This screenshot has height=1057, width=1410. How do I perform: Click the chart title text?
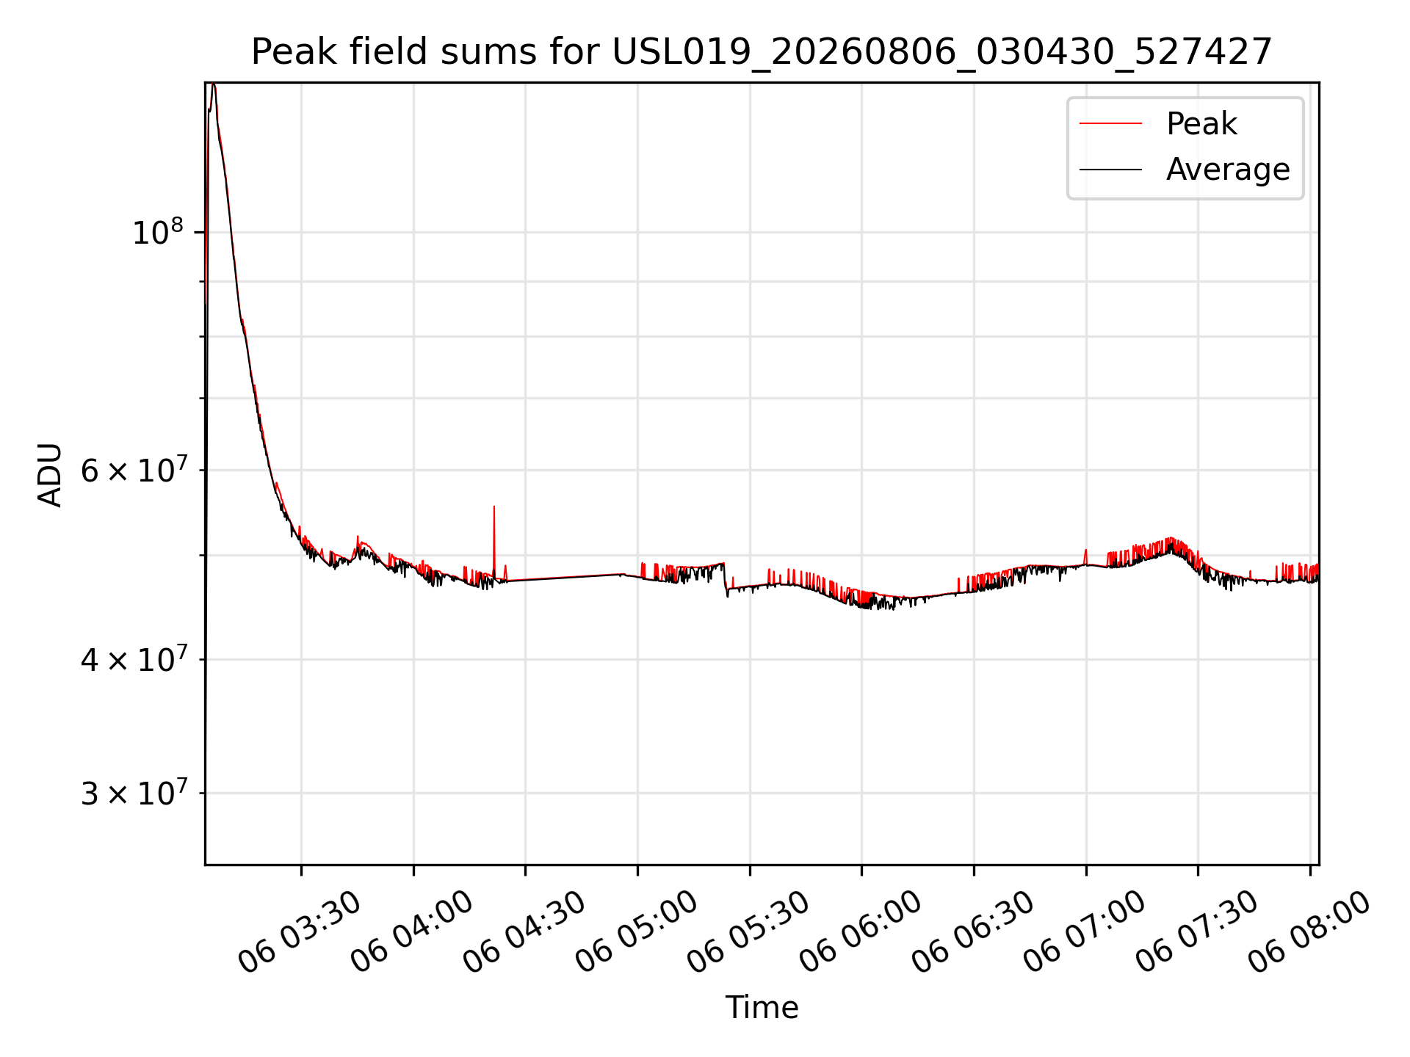(762, 52)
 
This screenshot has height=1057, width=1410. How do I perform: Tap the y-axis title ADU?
(50, 474)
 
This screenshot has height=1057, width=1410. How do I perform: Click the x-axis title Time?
(762, 1007)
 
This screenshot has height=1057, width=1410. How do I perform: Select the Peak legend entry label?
(1201, 124)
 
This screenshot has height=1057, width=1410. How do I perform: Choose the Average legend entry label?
(1228, 170)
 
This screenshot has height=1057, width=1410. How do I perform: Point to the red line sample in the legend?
(1110, 124)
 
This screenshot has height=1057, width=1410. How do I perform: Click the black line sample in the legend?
(1110, 170)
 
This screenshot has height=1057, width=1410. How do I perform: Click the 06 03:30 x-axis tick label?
(300, 932)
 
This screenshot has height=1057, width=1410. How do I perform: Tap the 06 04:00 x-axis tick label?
(412, 932)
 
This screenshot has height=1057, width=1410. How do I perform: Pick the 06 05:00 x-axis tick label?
(636, 932)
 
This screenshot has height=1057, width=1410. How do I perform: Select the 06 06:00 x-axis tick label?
(860, 932)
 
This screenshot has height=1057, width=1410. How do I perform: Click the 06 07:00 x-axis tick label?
(1085, 932)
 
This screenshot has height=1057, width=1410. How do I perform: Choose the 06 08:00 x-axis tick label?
(1309, 932)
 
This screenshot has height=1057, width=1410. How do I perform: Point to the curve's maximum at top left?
(213, 85)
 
